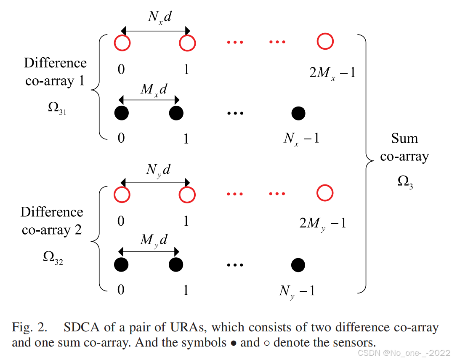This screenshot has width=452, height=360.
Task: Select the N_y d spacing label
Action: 158,170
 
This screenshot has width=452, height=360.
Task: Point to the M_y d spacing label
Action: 154,240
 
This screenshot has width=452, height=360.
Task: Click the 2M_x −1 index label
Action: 332,73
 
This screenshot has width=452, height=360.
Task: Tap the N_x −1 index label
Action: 301,138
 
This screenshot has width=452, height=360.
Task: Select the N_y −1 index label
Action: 297,291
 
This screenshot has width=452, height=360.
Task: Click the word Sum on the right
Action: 404,139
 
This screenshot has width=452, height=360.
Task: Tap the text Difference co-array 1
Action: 55,72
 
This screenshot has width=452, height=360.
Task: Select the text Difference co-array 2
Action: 52,221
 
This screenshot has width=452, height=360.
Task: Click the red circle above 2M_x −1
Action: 325,42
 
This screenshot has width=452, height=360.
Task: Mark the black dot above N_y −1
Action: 298,265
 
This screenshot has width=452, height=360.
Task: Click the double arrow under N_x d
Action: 155,31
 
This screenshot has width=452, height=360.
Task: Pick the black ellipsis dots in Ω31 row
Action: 235,113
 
